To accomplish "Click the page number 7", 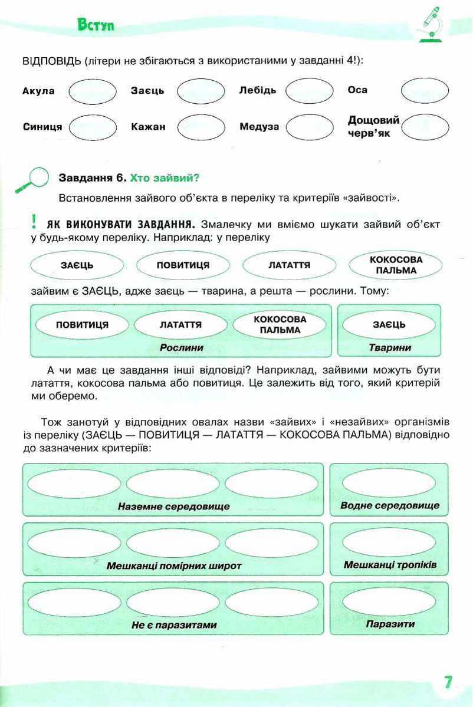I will click(448, 682).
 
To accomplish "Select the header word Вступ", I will click(96, 25).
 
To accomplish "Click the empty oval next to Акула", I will click(93, 91).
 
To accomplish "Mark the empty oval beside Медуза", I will click(309, 126).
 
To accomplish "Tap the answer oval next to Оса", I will click(425, 91).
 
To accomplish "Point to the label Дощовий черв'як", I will click(373, 126).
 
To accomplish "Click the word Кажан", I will click(149, 126).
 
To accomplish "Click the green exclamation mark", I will click(34, 222).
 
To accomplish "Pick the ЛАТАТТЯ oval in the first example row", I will click(289, 265).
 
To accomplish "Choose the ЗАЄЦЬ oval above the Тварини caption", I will click(389, 324).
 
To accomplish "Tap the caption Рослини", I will click(181, 348).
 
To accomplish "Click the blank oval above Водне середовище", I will click(389, 482).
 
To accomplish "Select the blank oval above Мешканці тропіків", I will click(389, 541).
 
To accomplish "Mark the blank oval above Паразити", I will click(389, 601).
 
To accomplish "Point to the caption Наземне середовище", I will click(173, 506).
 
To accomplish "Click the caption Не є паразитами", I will click(174, 624).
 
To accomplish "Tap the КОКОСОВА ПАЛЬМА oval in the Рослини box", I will click(280, 324).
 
